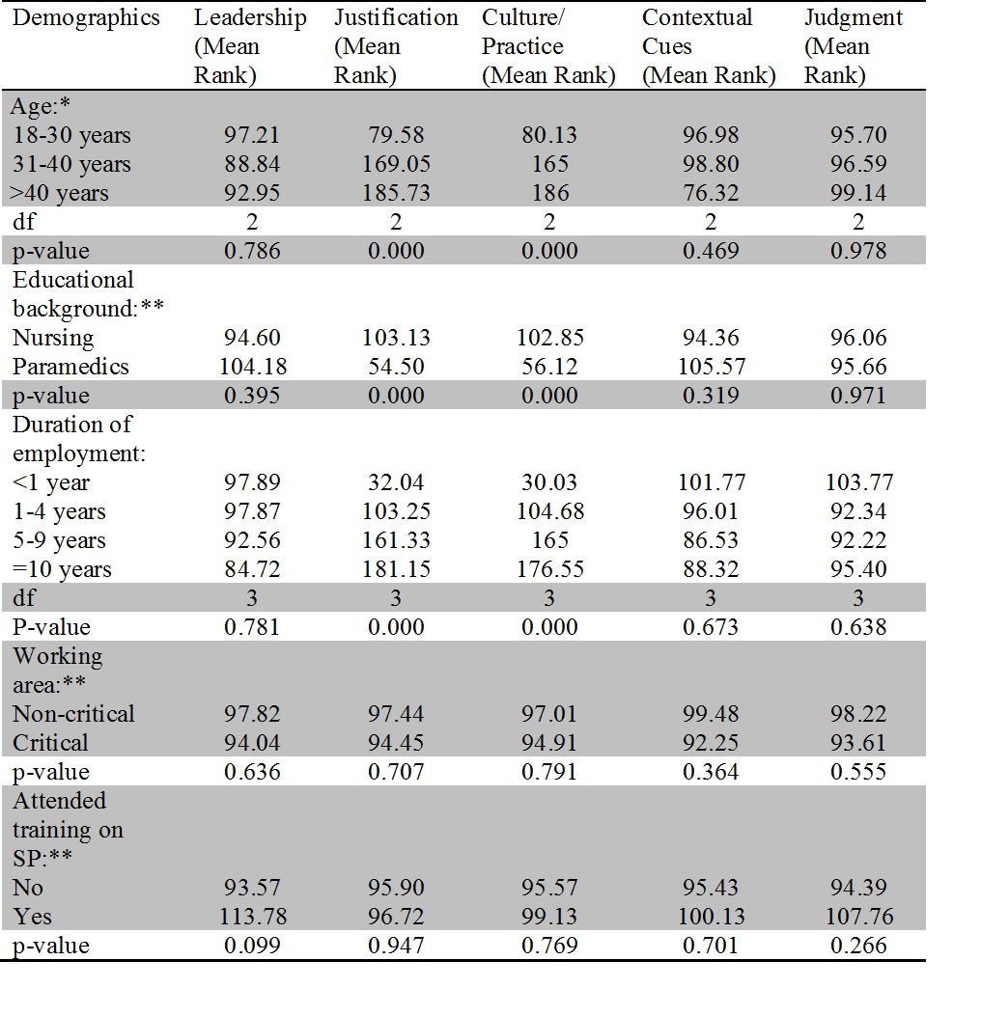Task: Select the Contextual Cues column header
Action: click(709, 47)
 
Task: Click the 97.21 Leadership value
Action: click(252, 135)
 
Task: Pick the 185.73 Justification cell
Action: click(396, 193)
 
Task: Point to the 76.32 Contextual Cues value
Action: click(711, 193)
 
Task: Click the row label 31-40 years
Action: click(70, 164)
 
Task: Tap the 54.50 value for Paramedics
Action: click(396, 367)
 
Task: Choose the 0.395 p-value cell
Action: click(252, 396)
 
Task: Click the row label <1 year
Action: click(50, 482)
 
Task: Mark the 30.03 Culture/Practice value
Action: click(549, 482)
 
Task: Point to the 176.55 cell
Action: click(549, 569)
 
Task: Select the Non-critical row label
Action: click(73, 714)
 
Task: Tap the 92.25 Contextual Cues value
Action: click(711, 743)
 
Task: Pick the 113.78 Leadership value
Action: click(252, 917)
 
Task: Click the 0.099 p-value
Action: click(252, 946)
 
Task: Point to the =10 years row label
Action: click(62, 569)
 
